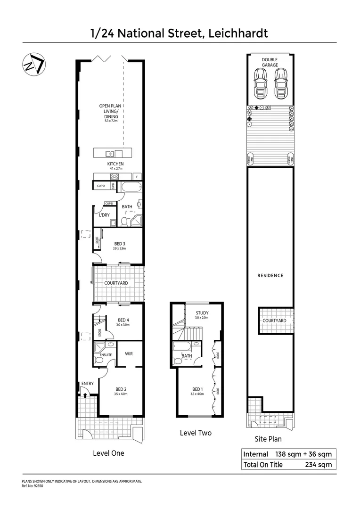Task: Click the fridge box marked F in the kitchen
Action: tap(137, 177)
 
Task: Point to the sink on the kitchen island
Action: tap(109, 153)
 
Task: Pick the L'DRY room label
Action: tap(104, 215)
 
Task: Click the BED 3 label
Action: tap(119, 244)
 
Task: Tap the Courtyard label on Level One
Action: tap(116, 283)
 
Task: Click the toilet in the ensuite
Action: tap(99, 361)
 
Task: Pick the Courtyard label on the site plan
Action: tap(274, 320)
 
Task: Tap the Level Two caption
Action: tap(196, 433)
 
